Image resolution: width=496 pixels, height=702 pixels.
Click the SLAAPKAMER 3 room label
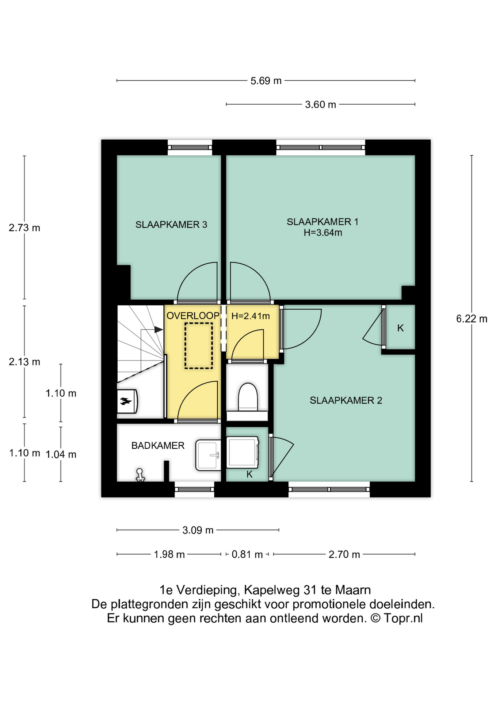point(171,224)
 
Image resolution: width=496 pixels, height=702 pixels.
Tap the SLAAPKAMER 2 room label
point(346,400)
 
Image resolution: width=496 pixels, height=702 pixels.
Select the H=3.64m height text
point(323,233)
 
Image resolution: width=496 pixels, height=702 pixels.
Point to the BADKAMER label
point(158,445)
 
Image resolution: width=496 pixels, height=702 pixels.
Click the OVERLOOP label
point(193,316)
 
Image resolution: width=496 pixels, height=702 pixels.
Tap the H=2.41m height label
point(251,316)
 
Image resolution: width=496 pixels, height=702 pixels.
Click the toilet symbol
point(248,397)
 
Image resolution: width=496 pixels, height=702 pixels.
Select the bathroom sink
point(208,455)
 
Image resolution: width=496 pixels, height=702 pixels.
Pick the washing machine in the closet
point(243,452)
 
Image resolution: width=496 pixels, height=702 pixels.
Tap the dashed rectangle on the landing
point(198,346)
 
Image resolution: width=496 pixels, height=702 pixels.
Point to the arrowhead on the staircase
point(159,329)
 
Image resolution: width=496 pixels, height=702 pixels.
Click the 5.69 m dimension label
point(266,81)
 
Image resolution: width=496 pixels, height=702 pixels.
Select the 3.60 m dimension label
point(320,105)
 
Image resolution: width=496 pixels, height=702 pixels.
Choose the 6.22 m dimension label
point(472,319)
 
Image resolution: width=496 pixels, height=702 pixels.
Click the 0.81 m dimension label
point(247,554)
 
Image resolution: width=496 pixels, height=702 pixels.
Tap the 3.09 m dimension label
point(198,530)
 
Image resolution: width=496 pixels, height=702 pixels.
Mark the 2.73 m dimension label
point(24,228)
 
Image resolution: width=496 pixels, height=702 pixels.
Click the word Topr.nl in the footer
point(403,618)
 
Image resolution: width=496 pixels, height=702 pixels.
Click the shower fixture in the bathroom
point(140,475)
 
